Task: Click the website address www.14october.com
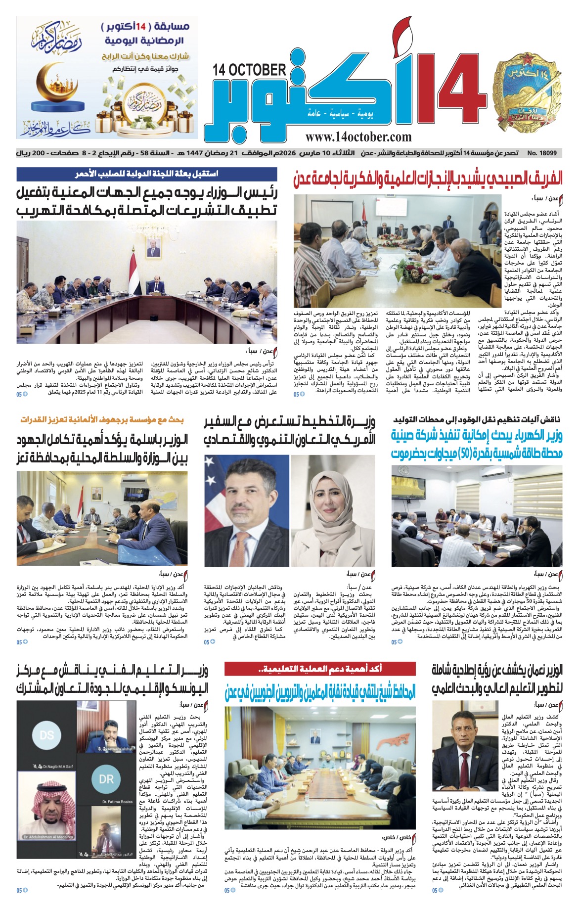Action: point(358,136)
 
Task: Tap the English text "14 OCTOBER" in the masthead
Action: point(250,70)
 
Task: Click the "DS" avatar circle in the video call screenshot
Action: point(46,735)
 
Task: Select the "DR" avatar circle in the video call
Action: point(106,779)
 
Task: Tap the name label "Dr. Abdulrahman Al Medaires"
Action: point(48,837)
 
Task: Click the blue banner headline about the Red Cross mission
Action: point(147,174)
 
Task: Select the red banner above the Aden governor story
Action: point(320,669)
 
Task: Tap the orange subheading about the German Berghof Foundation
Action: point(102,420)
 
